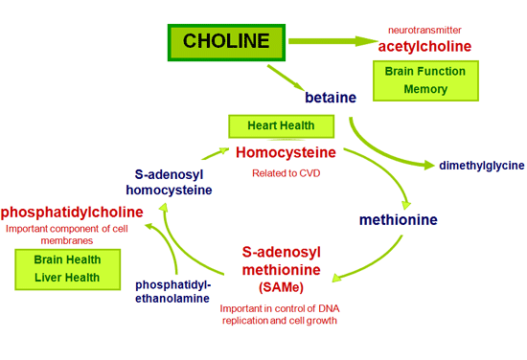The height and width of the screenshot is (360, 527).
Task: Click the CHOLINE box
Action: point(226,42)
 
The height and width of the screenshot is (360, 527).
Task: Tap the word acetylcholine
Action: point(424,46)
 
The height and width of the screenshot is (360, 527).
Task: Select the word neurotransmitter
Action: point(424,30)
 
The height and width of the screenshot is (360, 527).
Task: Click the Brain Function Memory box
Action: point(424,80)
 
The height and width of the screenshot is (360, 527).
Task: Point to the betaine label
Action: point(330,98)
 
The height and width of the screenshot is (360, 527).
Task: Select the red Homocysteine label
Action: point(286,152)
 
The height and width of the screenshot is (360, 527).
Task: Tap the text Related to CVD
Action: point(286,173)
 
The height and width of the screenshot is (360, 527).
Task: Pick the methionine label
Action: point(398,220)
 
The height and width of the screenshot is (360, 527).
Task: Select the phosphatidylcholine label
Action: point(71,212)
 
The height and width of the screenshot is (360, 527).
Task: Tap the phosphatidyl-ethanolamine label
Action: point(173,291)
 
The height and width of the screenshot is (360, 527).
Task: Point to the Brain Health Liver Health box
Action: point(67,268)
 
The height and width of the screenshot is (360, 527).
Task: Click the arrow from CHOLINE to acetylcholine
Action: point(331,41)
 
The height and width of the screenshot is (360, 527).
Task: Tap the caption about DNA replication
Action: point(279,315)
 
